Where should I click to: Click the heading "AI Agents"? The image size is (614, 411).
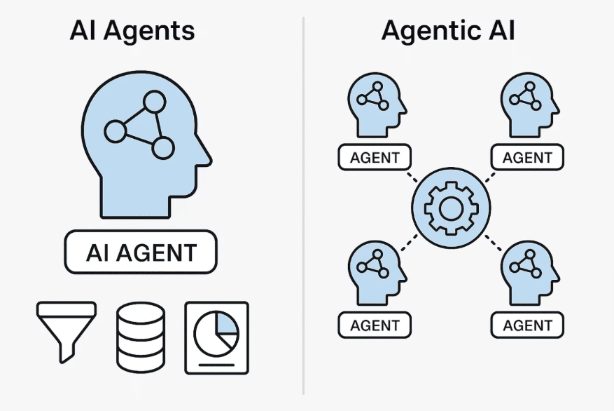point(132,32)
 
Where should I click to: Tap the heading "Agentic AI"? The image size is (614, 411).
point(448,32)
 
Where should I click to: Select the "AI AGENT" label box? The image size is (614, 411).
point(141,252)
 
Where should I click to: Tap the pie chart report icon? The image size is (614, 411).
point(216,337)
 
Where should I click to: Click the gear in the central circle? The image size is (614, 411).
point(448,207)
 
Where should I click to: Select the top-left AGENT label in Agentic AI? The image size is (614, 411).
point(375,158)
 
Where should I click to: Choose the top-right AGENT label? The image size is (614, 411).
point(527,158)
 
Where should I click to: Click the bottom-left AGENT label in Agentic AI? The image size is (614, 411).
point(375,325)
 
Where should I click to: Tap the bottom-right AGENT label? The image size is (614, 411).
point(527,325)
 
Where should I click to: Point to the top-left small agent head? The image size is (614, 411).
point(375,105)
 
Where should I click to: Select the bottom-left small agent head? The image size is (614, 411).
point(375,272)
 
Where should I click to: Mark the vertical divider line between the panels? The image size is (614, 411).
point(303,210)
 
